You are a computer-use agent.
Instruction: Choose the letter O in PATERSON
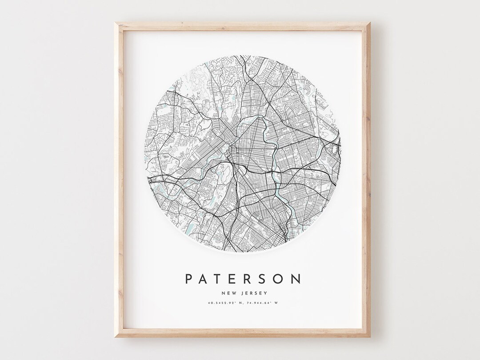click(x=280, y=279)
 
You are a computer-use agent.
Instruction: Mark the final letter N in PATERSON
click(x=297, y=279)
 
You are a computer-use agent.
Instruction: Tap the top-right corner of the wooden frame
click(x=370, y=22)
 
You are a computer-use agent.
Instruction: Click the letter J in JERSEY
click(x=240, y=293)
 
